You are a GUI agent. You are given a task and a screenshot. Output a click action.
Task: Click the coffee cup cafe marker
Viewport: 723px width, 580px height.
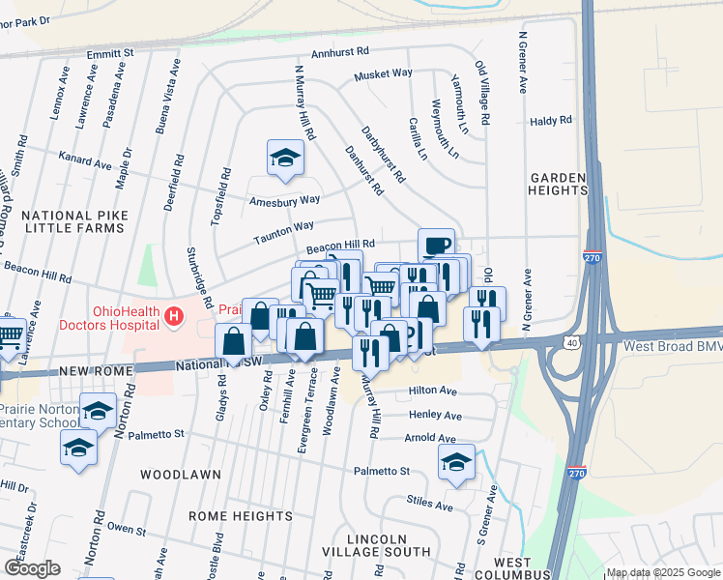pyautogui.click(x=436, y=246)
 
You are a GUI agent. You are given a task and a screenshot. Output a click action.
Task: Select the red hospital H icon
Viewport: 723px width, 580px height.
pyautogui.click(x=173, y=315)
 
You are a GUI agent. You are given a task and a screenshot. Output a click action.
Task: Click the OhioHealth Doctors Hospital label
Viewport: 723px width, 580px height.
pyautogui.click(x=125, y=318)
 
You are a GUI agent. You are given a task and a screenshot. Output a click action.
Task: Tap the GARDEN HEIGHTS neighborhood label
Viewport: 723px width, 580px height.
pyautogui.click(x=559, y=185)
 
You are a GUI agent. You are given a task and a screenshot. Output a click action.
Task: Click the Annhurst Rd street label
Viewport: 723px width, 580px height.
pyautogui.click(x=340, y=53)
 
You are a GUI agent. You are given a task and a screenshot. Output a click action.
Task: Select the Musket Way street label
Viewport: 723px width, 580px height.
pyautogui.click(x=383, y=74)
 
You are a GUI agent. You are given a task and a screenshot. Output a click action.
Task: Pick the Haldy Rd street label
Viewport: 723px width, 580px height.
pyautogui.click(x=551, y=121)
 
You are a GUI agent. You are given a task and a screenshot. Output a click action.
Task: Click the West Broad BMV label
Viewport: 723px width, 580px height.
pyautogui.click(x=674, y=345)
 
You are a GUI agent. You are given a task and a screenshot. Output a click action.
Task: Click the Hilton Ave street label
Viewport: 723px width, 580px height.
pyautogui.click(x=432, y=391)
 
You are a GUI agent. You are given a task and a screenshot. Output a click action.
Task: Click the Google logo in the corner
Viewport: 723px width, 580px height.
pyautogui.click(x=32, y=568)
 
